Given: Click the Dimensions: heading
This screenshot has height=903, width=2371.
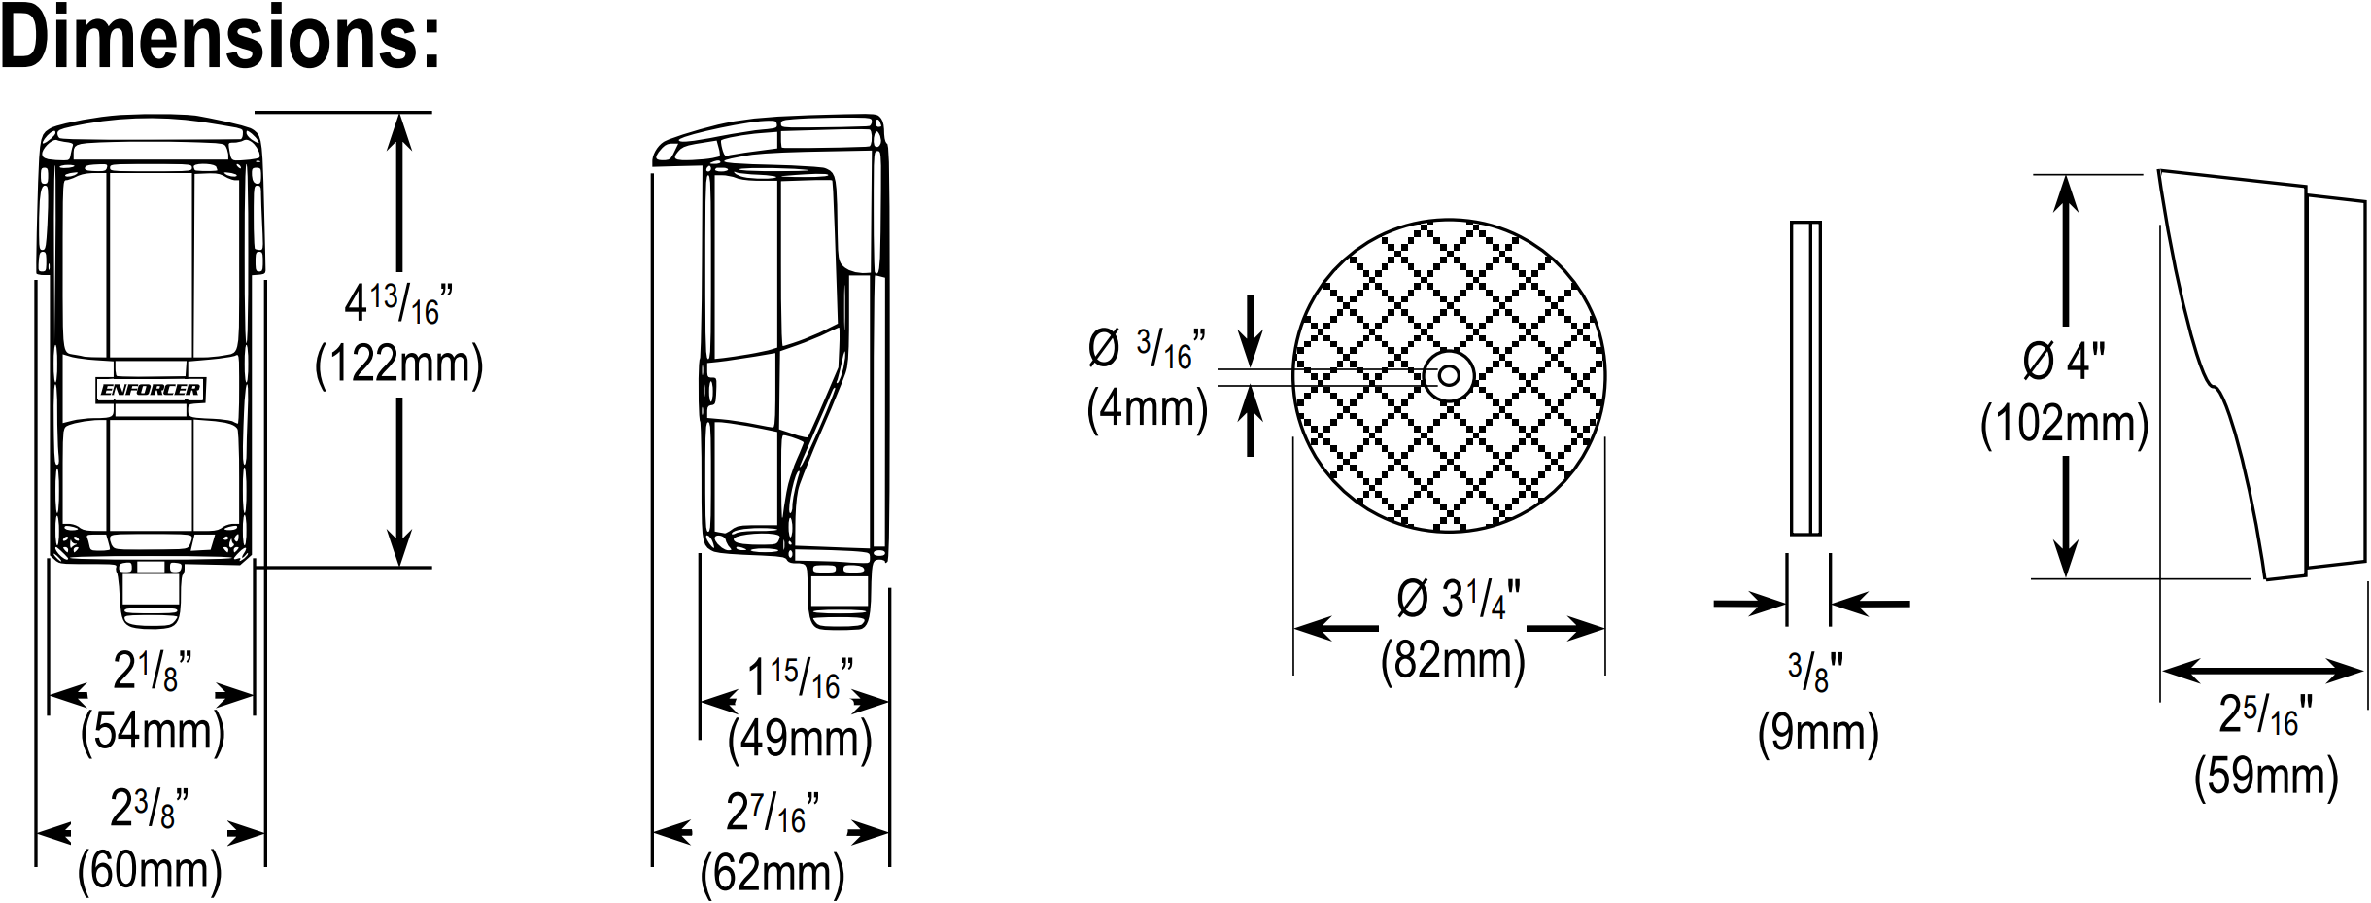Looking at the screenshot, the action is (x=221, y=39).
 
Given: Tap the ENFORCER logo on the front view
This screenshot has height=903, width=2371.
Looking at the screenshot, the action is (x=151, y=390).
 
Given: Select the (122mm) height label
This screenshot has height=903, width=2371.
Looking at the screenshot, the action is (x=399, y=365).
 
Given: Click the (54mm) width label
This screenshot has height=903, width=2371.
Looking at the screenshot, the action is (x=153, y=731).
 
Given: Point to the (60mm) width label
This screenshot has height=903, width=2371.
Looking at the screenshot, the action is (x=150, y=870).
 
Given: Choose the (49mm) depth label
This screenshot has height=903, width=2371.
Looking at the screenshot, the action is (x=800, y=739).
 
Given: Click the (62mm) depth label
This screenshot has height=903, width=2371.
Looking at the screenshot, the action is (x=773, y=874).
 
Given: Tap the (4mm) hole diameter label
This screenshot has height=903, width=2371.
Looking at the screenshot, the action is (x=1148, y=408).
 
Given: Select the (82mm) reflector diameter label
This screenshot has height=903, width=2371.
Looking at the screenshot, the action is (x=1453, y=661).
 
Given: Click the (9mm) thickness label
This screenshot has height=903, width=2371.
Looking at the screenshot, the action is (x=1818, y=733).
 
